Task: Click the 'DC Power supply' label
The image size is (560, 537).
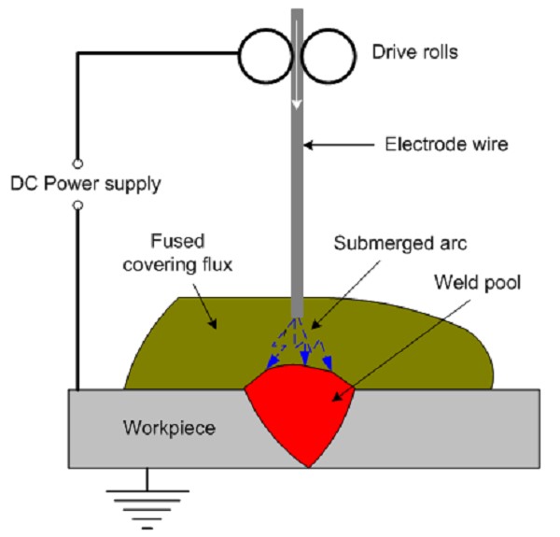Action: click(85, 184)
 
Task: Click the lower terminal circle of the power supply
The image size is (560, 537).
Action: click(77, 205)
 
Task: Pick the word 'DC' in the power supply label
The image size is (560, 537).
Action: click(21, 184)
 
